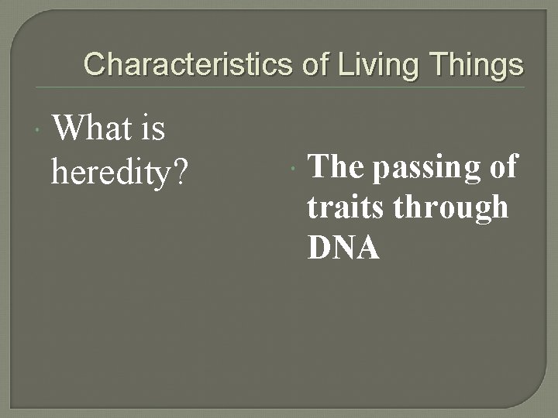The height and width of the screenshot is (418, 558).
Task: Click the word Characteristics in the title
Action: pos(188,64)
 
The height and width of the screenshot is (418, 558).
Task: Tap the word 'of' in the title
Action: pos(314,64)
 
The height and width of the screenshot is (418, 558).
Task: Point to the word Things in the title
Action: pos(472,64)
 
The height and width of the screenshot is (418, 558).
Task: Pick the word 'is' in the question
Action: pos(153,128)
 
